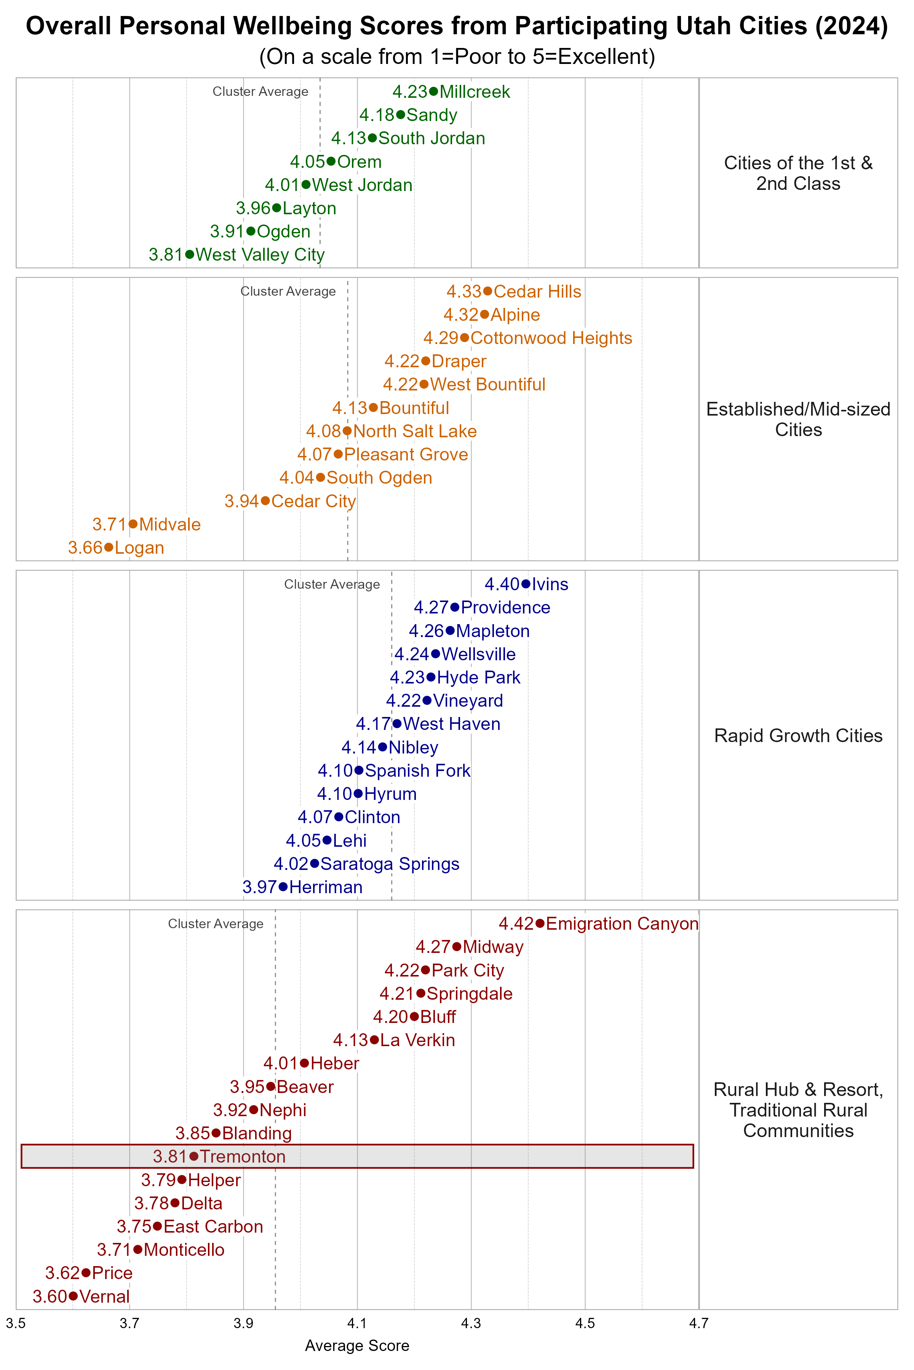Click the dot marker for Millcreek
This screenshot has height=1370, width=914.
pyautogui.click(x=433, y=91)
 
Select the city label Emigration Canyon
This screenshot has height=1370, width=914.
pyautogui.click(x=622, y=924)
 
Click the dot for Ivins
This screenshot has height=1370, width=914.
pyautogui.click(x=526, y=584)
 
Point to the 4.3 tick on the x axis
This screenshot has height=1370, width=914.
pyautogui.click(x=471, y=1324)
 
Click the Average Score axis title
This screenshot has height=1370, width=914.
pyautogui.click(x=357, y=1346)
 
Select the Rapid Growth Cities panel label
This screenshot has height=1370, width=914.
pyautogui.click(x=798, y=736)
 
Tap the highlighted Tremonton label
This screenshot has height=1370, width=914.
pyautogui.click(x=243, y=1157)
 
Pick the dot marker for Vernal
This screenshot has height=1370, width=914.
pyautogui.click(x=73, y=1296)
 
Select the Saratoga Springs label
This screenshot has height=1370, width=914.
pyautogui.click(x=390, y=864)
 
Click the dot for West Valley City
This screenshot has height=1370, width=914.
pyautogui.click(x=189, y=255)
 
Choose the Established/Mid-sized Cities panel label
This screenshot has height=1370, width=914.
pyautogui.click(x=798, y=419)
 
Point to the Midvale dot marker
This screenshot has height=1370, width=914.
pyautogui.click(x=133, y=524)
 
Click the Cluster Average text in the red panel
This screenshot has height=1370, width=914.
pyautogui.click(x=216, y=924)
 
